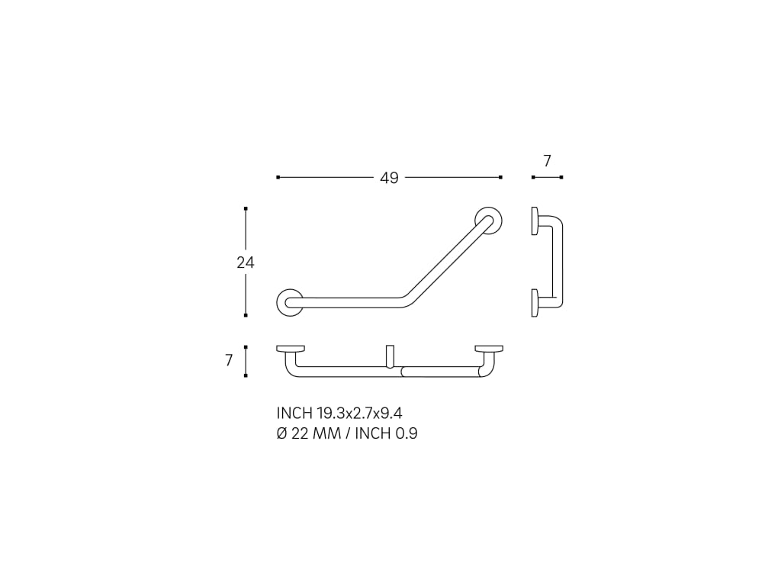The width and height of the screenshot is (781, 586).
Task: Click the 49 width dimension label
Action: point(389,178)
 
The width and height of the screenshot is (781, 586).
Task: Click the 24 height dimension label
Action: point(245,262)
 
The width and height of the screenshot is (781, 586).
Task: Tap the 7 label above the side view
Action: point(547,161)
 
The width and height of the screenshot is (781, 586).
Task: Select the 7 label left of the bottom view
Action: point(229,360)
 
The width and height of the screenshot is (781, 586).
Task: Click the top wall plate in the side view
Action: point(535,221)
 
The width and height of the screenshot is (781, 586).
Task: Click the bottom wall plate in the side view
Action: point(535,302)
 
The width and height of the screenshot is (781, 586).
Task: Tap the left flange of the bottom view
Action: point(291,348)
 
